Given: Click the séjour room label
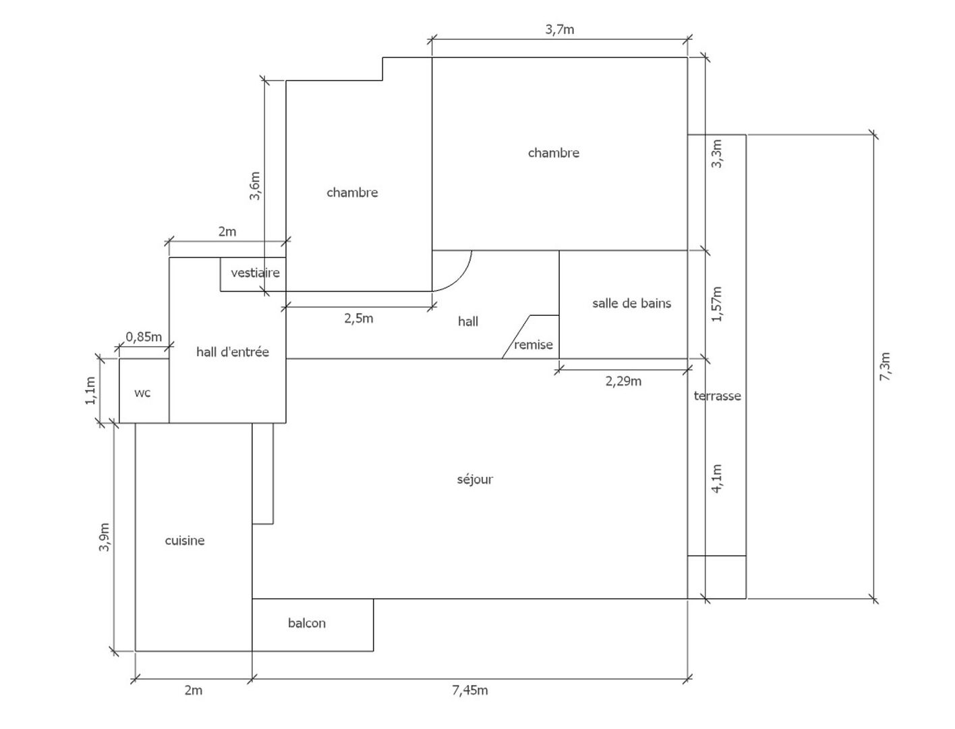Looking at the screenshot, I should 475,479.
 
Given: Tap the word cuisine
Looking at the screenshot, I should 185,541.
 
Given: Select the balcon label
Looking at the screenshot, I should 307,623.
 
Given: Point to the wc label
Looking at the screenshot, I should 142,393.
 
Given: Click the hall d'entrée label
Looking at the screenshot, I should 233,352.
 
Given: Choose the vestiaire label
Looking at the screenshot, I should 255,273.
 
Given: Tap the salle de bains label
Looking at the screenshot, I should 632,303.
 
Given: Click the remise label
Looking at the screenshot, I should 533,345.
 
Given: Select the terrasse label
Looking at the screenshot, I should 718,396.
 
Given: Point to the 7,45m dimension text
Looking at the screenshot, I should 470,690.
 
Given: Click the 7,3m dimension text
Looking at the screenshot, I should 886,367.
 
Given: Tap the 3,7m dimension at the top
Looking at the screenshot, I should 560,29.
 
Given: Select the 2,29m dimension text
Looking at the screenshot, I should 623,381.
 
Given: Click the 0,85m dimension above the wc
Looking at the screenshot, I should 144,336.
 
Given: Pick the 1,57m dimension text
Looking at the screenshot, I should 716,304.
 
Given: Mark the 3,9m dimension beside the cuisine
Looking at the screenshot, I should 104,537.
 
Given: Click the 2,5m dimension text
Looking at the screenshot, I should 359,318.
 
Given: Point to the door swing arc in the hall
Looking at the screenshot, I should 461,277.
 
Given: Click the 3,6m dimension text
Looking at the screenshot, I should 255,186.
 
